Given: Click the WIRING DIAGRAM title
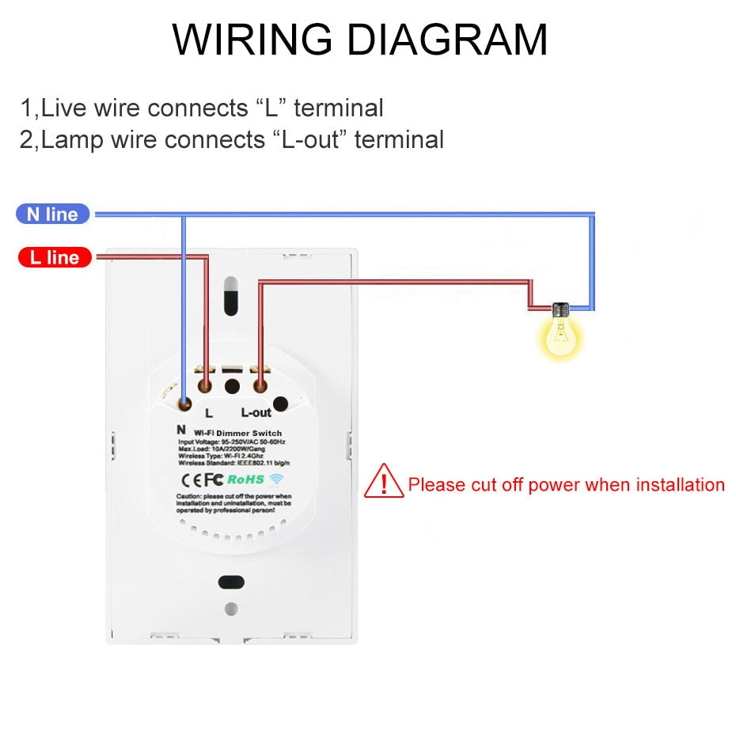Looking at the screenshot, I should coord(360,39).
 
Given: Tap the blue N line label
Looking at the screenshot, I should coord(53,214).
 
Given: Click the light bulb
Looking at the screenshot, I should coord(562,332).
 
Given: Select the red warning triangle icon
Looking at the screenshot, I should coord(384,482).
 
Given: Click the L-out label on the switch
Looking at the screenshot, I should coord(256,412).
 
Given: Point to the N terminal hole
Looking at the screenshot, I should coord(184,404).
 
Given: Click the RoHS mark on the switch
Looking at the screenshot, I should coord(245,479).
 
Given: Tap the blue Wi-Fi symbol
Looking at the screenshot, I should coord(277,479).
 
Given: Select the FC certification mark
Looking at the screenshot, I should coord(214,479).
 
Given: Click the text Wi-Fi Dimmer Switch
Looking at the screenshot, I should coord(230,433).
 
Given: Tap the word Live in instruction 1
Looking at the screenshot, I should coord(66,108).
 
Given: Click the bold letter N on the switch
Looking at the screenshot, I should coord(181,428).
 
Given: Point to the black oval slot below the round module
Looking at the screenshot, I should coord(231,582).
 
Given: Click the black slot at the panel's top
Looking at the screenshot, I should coord(230,295).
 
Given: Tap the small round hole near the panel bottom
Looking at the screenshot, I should coord(231,609).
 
